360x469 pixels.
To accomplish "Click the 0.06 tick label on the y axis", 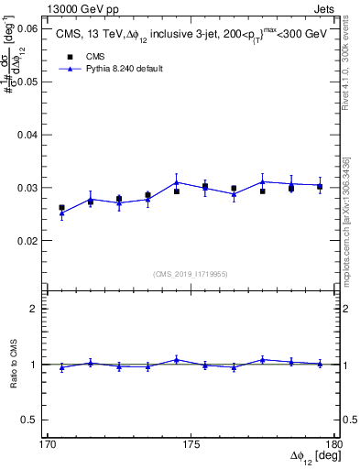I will point(28,29).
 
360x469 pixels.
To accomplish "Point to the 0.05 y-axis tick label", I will point(28,82).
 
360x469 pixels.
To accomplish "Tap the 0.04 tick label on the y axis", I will point(28,135).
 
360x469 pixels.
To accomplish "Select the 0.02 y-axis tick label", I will point(28,241).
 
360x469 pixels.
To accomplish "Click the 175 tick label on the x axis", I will point(191,444).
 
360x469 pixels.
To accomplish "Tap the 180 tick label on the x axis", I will point(333,444).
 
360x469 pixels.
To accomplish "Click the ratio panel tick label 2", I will point(37,309).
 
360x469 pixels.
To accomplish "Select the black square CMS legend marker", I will point(71,57).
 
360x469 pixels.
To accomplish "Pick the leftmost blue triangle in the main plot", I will point(61,213).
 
